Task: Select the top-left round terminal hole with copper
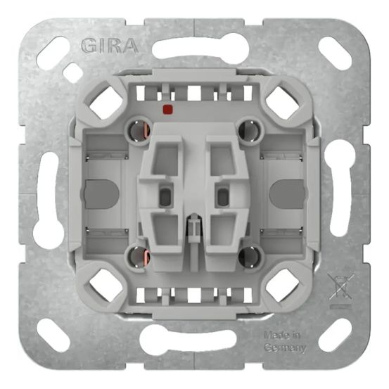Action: pyautogui.click(x=135, y=129)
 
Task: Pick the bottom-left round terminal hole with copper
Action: pyautogui.click(x=135, y=255)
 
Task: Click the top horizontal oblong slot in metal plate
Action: pyautogui.click(x=193, y=48)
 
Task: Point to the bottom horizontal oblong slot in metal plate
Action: pyautogui.click(x=193, y=340)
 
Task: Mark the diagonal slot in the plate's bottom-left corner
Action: pyautogui.click(x=53, y=336)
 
